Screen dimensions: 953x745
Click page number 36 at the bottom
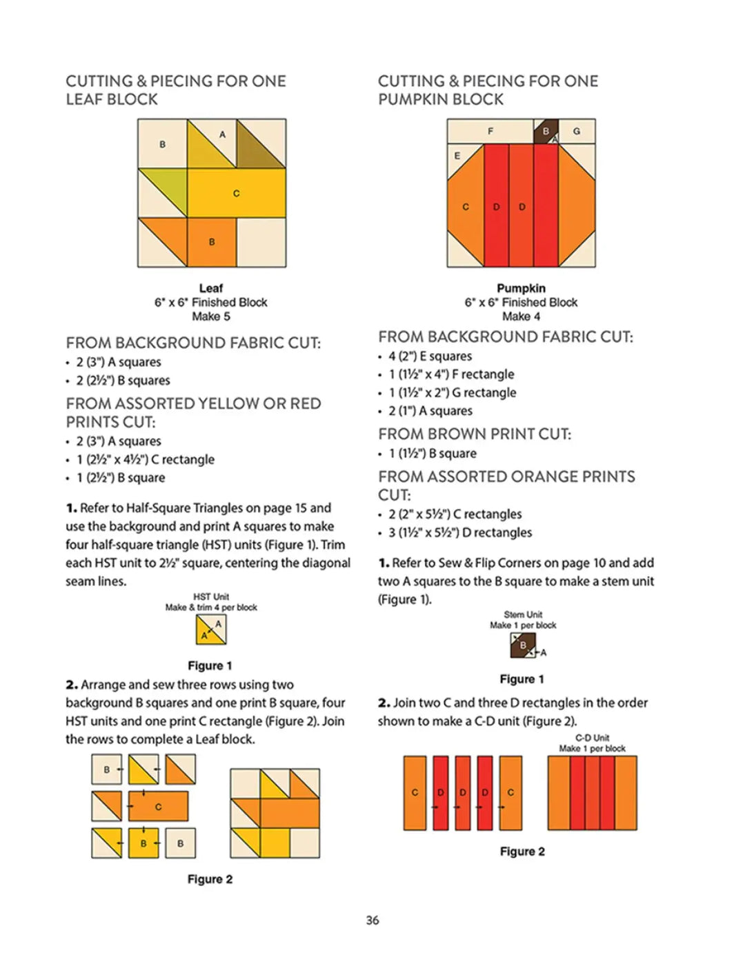pos(372,920)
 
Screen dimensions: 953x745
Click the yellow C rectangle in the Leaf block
pos(236,193)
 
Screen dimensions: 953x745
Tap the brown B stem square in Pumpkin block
pos(545,130)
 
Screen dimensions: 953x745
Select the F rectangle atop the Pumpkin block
pos(490,130)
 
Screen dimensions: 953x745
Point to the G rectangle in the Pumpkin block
pos(577,130)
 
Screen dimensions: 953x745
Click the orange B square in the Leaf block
pos(212,242)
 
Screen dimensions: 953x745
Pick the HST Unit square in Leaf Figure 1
pos(211,629)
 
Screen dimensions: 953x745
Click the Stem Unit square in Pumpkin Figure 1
pos(522,645)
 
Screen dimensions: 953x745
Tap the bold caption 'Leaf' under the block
pos(211,288)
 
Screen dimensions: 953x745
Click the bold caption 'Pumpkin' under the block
pos(521,288)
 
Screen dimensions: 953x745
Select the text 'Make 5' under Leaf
pos(211,317)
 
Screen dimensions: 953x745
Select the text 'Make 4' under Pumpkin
pos(521,317)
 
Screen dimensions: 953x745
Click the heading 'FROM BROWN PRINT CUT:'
pos(475,434)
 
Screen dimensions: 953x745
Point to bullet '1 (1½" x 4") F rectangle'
pos(451,374)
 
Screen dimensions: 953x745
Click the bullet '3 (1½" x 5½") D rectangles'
pos(460,532)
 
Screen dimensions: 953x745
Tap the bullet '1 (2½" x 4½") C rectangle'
pos(145,459)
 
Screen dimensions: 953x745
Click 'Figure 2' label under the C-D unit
pos(522,852)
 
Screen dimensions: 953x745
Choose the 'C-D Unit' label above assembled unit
pos(592,738)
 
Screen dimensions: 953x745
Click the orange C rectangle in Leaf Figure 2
pos(158,806)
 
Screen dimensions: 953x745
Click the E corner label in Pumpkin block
pos(457,156)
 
